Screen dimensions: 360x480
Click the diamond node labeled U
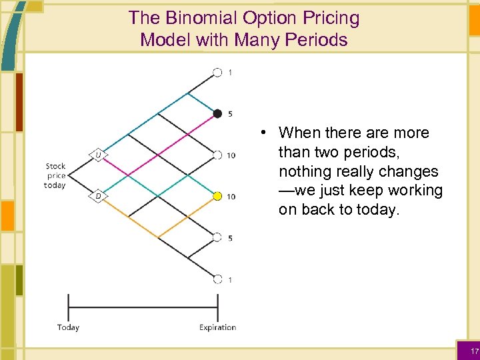98,155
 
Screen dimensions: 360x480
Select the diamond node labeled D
98,196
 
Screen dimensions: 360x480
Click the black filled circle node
217,114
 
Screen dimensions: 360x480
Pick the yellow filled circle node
217,196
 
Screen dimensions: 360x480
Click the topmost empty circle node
217,73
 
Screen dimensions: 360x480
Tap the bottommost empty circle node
217,279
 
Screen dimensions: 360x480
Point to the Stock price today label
55,175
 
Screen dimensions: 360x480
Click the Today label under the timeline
68,327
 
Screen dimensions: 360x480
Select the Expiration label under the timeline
217,327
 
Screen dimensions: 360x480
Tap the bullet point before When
265,133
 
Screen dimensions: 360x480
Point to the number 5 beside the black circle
230,114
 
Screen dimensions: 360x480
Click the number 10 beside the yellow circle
231,197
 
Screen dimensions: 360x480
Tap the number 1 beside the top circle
230,73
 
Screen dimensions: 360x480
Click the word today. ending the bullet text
377,210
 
